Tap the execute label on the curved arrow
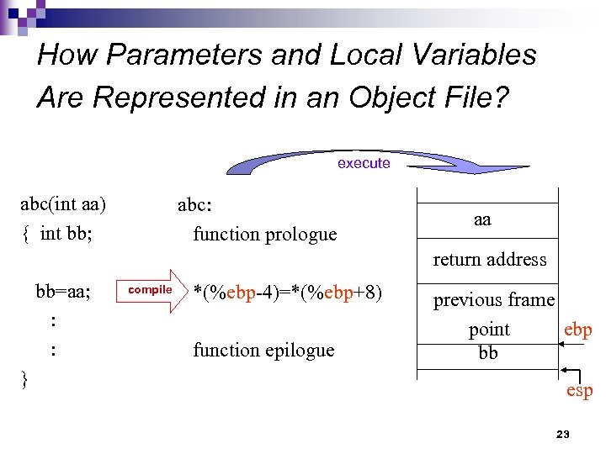[x=364, y=163]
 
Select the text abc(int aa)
[x=63, y=204]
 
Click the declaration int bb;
[x=63, y=233]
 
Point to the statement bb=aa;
[x=63, y=292]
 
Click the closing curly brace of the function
[x=24, y=379]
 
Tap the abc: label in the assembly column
[x=194, y=205]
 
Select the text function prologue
[x=264, y=234]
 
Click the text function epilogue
[x=263, y=350]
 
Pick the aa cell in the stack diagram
[x=481, y=220]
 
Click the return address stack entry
[x=489, y=260]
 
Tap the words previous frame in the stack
[x=493, y=300]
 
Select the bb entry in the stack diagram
[x=487, y=353]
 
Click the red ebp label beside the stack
[x=577, y=330]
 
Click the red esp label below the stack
[x=579, y=390]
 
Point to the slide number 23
[x=563, y=435]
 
